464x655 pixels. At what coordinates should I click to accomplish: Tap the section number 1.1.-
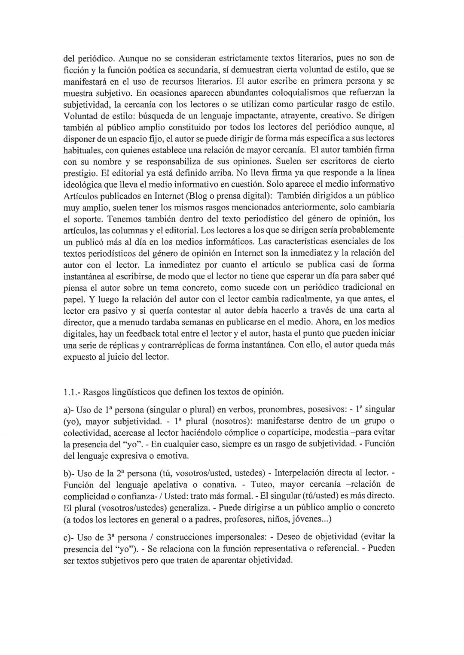[x=71, y=391]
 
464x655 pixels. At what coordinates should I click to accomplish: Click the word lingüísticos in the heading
[x=133, y=391]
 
